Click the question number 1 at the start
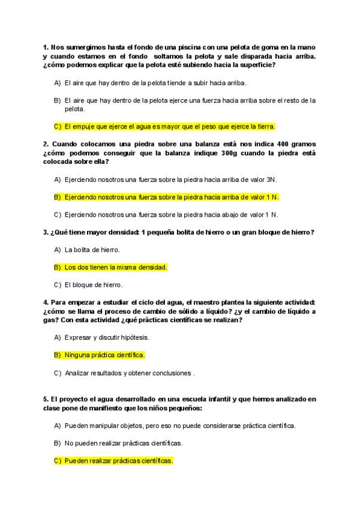coord(45,47)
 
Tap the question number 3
coord(45,232)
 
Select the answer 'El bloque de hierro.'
coord(93,285)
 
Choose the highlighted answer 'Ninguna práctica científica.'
coord(104,355)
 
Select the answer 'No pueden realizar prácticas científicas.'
coord(124,443)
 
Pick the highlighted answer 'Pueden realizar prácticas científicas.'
coord(118,461)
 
